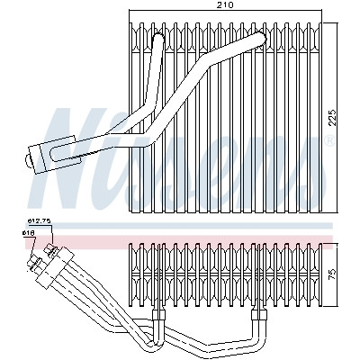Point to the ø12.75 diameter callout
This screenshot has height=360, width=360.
[x=39, y=221]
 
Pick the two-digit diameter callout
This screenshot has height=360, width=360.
[x=29, y=232]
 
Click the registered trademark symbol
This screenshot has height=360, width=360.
[x=330, y=140]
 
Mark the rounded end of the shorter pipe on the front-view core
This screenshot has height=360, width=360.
[x=158, y=38]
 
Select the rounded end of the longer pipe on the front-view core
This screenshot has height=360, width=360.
[x=260, y=38]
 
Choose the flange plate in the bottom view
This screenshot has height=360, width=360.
[x=55, y=267]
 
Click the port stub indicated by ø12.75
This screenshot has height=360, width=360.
[x=51, y=250]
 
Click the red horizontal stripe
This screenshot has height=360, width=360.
[x=179, y=242]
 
